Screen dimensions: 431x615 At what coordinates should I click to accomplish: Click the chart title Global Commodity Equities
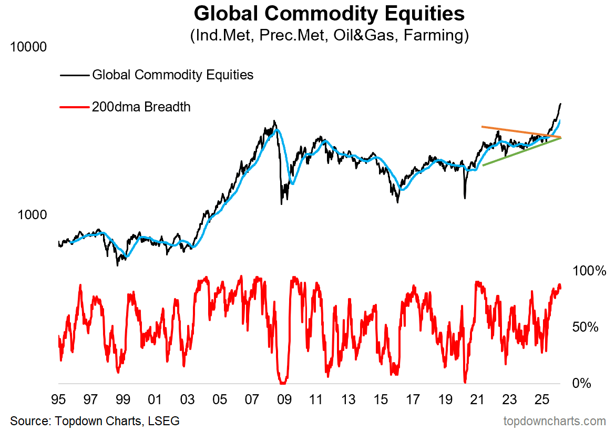tap(329, 14)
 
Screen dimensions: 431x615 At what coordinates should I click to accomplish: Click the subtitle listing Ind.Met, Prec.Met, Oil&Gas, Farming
tap(329, 36)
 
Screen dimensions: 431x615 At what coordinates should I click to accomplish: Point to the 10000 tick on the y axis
tap(28, 47)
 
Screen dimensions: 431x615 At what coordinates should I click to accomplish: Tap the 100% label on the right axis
tap(585, 271)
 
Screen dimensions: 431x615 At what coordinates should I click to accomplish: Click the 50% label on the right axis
tap(585, 327)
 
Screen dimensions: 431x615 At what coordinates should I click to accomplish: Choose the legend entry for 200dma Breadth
tap(141, 107)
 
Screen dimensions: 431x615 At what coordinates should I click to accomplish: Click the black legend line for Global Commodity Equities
tap(74, 75)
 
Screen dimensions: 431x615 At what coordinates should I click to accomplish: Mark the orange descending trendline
tap(520, 131)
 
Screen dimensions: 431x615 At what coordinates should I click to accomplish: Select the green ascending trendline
tap(520, 152)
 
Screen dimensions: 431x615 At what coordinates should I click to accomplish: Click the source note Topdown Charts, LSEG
tap(95, 420)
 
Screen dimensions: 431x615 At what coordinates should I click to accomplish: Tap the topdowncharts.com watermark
tap(555, 420)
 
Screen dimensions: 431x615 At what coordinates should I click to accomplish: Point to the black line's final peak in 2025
tap(561, 104)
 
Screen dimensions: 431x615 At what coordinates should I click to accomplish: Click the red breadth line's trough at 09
tap(283, 383)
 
